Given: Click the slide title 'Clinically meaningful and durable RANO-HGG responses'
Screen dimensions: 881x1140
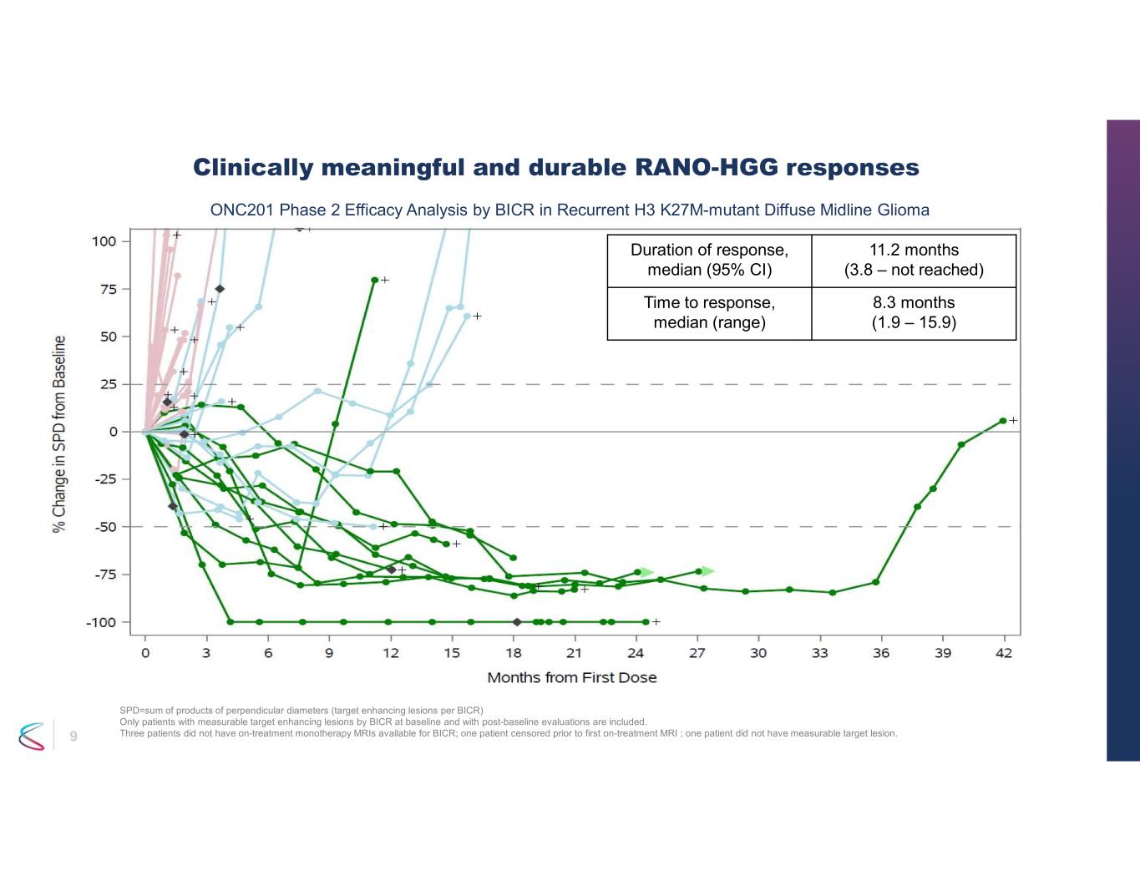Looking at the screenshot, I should click(556, 168).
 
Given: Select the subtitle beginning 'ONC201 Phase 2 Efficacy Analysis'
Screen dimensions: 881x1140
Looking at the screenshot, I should click(570, 210).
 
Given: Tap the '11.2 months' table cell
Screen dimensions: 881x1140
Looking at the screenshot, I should click(914, 260).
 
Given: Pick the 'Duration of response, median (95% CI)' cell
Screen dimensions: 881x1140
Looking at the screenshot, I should click(709, 260).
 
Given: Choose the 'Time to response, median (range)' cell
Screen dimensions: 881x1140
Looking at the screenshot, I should click(709, 312).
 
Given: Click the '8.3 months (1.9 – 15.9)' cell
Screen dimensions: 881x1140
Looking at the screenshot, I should click(914, 312).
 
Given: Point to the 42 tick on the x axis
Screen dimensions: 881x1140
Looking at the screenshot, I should click(1004, 653).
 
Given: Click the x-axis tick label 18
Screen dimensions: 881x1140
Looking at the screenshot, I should click(514, 653).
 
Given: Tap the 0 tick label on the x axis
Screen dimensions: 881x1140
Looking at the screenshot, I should click(145, 653).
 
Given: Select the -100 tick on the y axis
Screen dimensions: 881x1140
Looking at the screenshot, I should click(102, 622).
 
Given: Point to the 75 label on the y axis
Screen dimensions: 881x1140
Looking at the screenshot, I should click(109, 289).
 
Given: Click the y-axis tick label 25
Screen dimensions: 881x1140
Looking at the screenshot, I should click(109, 384).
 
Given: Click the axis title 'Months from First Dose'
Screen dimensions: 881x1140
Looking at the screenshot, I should click(572, 677).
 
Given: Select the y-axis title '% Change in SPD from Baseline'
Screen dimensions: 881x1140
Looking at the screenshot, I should click(59, 433).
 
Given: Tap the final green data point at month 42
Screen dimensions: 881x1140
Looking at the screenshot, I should click(1003, 421).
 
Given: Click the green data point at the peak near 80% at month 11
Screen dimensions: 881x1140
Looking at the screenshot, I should click(374, 280).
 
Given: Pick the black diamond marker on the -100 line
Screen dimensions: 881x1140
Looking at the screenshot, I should click(517, 622).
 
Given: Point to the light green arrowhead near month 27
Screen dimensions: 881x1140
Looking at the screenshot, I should click(708, 571).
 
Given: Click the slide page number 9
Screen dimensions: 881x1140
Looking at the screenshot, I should click(73, 736).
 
